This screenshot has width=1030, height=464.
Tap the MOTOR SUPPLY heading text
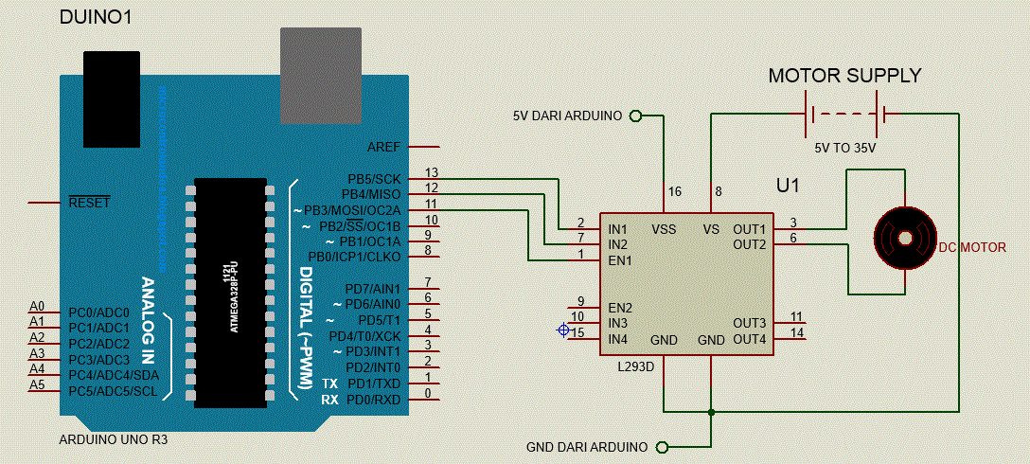[844, 76]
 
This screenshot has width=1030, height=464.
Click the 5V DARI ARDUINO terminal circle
[635, 116]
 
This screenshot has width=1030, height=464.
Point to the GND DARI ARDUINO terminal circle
[662, 447]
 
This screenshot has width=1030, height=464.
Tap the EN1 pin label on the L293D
[620, 259]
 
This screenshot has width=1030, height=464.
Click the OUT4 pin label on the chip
[749, 339]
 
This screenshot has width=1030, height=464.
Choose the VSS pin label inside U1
[664, 229]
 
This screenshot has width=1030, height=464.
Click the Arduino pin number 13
[432, 172]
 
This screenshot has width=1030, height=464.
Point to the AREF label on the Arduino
[383, 148]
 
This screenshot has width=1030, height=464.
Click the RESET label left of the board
[89, 203]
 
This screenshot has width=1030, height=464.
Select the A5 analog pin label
[37, 384]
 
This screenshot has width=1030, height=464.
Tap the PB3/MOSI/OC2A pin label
[352, 210]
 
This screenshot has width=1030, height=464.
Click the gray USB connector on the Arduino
[321, 75]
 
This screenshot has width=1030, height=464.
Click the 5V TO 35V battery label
[845, 149]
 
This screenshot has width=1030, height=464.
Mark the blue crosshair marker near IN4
[564, 330]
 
